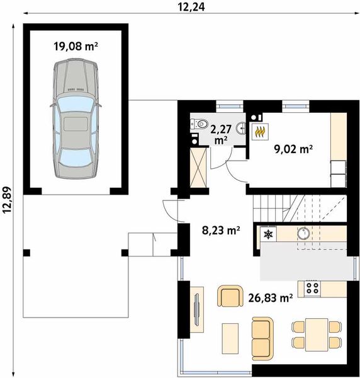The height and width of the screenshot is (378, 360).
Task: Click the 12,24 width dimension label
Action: tap(191, 7)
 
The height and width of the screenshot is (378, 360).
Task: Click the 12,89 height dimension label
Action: tap(7, 200)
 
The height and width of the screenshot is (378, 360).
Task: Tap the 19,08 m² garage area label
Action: tap(76, 46)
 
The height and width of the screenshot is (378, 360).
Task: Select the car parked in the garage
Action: tap(76, 118)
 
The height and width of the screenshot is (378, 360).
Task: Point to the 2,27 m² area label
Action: tap(221, 135)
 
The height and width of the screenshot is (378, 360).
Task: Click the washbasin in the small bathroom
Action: tap(241, 128)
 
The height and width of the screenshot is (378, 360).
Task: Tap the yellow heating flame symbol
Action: tap(260, 132)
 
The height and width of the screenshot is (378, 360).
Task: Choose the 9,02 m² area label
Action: tap(293, 149)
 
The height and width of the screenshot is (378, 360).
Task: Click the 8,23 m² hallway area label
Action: tap(221, 231)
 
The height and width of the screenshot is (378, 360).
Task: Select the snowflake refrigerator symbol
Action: tap(268, 234)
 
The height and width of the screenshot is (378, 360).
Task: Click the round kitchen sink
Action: tap(303, 233)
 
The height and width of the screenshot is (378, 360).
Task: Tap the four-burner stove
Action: tap(312, 288)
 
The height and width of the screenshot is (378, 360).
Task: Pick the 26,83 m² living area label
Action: tap(271, 298)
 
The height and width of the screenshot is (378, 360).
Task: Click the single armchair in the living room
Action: tap(230, 296)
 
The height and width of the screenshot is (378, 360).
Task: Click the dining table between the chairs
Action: tap(317, 335)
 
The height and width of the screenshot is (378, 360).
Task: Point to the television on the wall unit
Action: tap(197, 309)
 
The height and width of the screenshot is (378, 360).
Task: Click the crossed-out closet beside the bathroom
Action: tap(198, 168)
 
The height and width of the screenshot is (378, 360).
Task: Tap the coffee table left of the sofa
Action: tap(230, 338)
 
